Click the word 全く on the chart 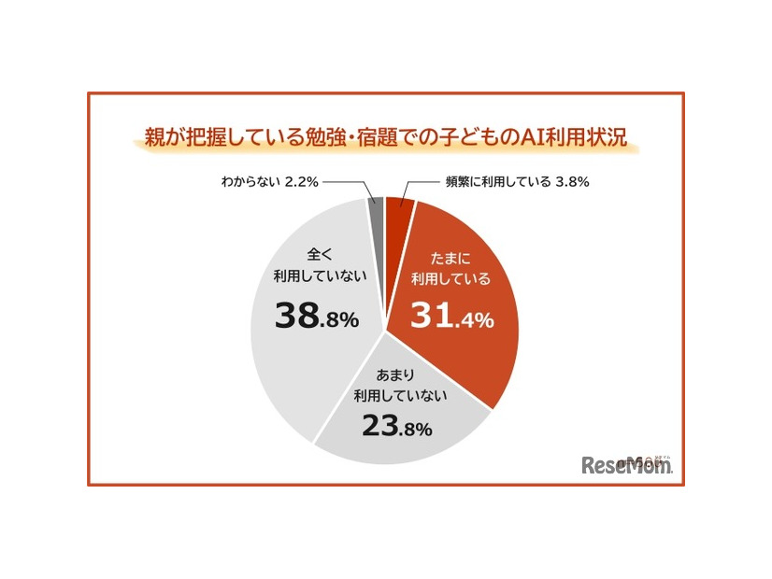tap(316, 255)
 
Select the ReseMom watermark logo tap(626, 464)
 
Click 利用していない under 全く tap(316, 276)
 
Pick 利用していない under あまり tap(395, 396)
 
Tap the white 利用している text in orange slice tap(450, 279)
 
